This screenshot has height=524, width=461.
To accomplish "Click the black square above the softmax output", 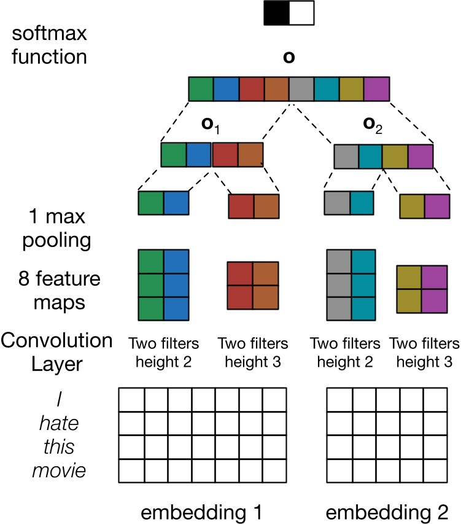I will pos(276,13).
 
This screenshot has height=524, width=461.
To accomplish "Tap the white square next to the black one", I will pos(301,13).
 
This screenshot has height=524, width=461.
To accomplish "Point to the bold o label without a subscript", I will pos(288,57).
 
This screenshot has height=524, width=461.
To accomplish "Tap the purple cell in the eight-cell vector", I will pos(376,89).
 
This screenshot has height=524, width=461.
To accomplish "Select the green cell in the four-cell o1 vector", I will pos(173,155).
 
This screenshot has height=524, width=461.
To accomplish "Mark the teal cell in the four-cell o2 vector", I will pos(370,156).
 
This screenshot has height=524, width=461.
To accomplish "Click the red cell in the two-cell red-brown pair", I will pos(241,207).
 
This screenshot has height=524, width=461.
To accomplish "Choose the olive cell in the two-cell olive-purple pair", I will pos(411,207).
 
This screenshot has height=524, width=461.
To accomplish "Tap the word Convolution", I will pos(56,340).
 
